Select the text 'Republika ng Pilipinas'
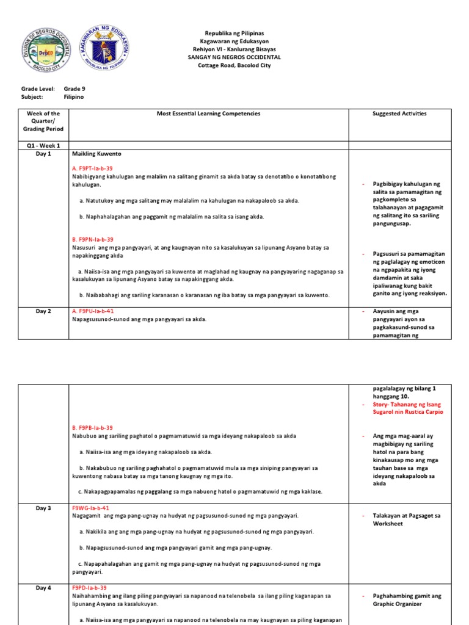click(x=234, y=33)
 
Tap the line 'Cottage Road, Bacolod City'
click(x=234, y=65)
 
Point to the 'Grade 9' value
click(x=75, y=89)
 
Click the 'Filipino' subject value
click(x=74, y=96)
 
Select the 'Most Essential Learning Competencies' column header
click(x=208, y=114)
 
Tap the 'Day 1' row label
click(x=43, y=154)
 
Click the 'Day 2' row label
click(x=43, y=311)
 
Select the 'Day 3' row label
click(x=43, y=508)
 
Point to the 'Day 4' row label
click(x=43, y=588)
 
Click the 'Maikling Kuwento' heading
click(x=93, y=154)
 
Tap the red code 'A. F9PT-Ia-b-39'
click(x=92, y=168)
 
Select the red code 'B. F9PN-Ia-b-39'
click(x=92, y=240)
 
